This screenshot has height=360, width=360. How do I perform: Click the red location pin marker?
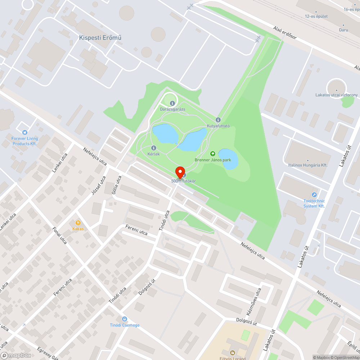pos(180,172)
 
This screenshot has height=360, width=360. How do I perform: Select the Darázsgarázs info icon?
pos(172,104)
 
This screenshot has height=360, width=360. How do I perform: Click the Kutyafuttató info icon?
pos(218,120)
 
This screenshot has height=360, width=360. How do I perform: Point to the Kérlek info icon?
pos(154,148)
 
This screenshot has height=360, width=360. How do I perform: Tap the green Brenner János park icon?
pos(212,154)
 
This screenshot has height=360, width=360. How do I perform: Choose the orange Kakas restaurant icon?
pos(78,223)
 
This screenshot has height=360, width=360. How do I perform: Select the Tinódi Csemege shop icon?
pos(125,319)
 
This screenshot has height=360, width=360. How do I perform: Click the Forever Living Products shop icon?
pos(24,132)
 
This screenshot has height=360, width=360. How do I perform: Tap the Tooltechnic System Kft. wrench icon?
pos(314,195)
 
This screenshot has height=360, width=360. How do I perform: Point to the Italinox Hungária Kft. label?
pos(308,165)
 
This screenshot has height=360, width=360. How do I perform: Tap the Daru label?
pos(343,30)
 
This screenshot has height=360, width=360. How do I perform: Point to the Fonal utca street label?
pos(59,235)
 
